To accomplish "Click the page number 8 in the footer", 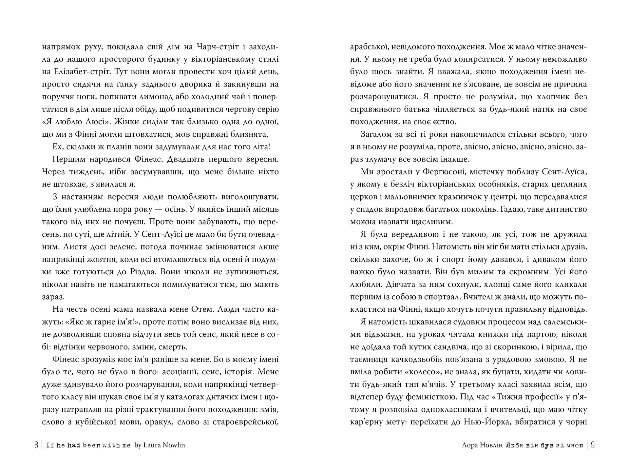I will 36,445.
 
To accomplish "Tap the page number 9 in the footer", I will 593,445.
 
